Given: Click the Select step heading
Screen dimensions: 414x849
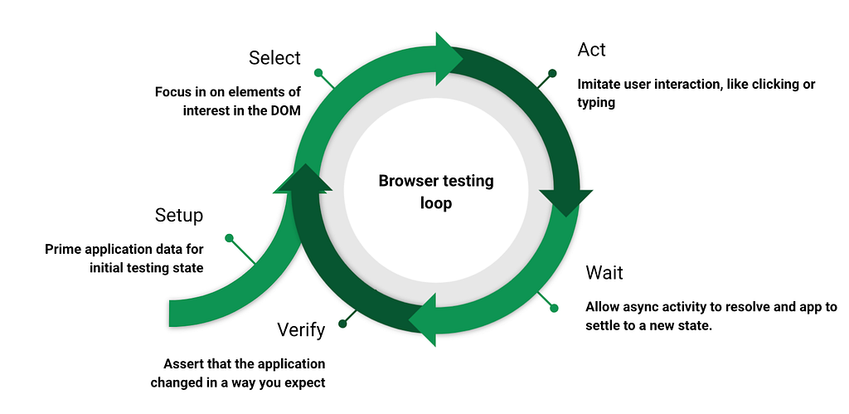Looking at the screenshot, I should pos(274,58).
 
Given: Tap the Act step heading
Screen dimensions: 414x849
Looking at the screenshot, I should pos(591,50).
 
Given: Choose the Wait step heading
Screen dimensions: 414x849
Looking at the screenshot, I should pos(604,273).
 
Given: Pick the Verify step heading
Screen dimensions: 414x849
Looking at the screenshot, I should pos(300,331).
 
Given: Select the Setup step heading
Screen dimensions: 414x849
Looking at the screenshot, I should pos(178,216).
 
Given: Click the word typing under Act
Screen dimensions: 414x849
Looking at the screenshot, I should pos(596,103).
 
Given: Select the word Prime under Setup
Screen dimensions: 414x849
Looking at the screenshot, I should pos(62,249).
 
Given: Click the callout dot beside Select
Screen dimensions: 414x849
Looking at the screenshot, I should pos(316,71).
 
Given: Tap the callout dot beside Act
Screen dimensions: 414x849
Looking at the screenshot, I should pos(553,73).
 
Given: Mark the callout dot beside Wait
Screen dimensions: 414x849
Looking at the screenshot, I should pos(554,309).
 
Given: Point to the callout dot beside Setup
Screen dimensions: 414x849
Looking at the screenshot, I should pos(229,238).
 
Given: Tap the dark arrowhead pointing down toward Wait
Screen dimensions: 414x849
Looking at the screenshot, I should pos(566,201).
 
